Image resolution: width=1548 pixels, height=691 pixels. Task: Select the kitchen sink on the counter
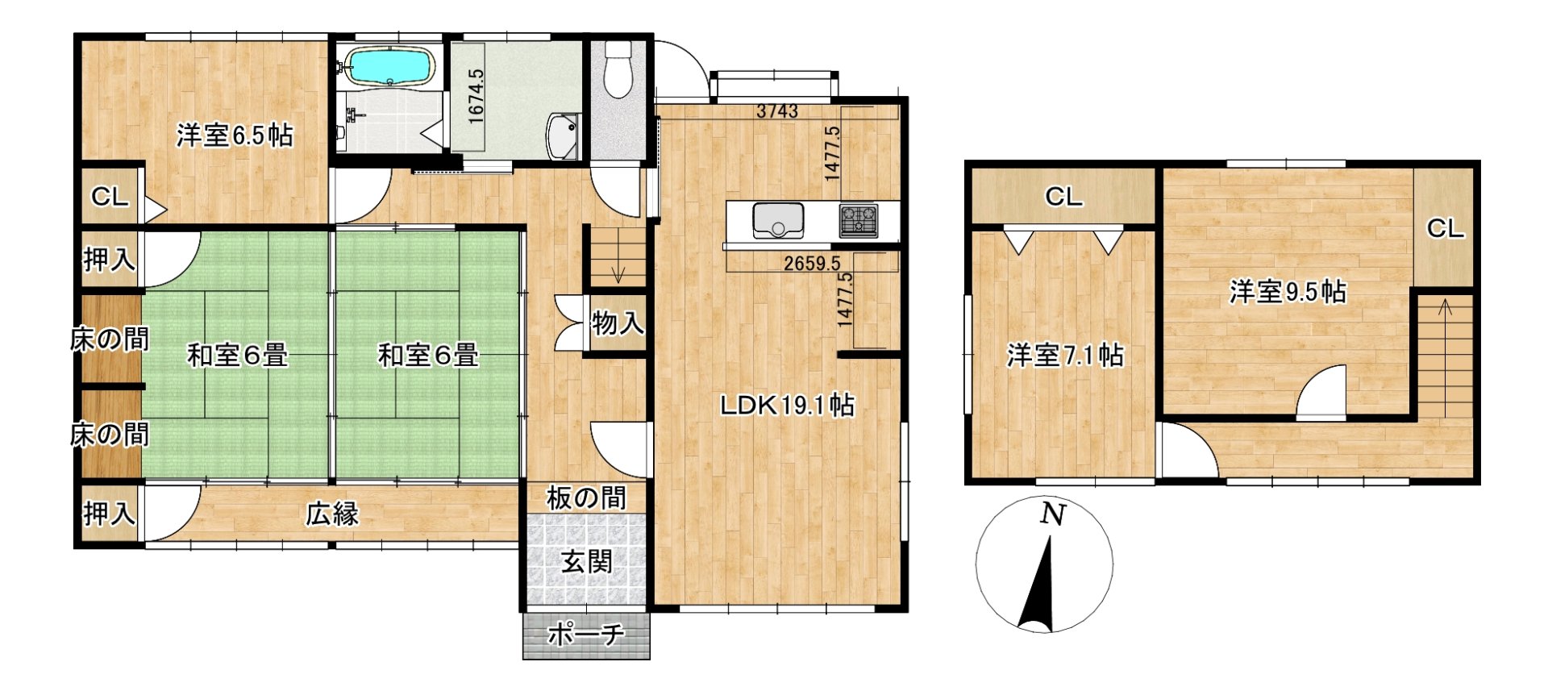coord(778,219)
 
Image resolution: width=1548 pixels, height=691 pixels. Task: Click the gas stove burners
coord(859,220)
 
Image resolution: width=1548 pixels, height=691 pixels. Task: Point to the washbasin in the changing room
coord(563,136)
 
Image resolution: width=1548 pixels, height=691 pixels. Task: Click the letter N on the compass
coord(1052,514)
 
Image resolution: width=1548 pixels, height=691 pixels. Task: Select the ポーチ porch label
coord(586,635)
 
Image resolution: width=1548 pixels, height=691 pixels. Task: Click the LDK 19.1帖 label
coord(787,405)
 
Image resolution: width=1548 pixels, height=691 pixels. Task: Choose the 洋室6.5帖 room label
coord(235,135)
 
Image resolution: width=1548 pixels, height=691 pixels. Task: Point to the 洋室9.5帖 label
coord(1288,291)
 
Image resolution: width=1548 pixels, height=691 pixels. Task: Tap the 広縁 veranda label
coord(332,514)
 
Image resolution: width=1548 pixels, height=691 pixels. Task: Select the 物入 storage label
coord(618,323)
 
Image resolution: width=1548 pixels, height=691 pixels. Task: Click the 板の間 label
coord(586,497)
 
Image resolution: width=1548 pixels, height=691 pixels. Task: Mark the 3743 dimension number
coord(777,111)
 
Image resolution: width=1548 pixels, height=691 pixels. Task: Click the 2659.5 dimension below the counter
coord(812,263)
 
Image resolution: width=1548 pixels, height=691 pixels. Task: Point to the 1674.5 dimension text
coord(476,96)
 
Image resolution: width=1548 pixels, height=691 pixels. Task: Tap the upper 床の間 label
coord(110,339)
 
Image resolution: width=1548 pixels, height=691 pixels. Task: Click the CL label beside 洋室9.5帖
coord(1446,229)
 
